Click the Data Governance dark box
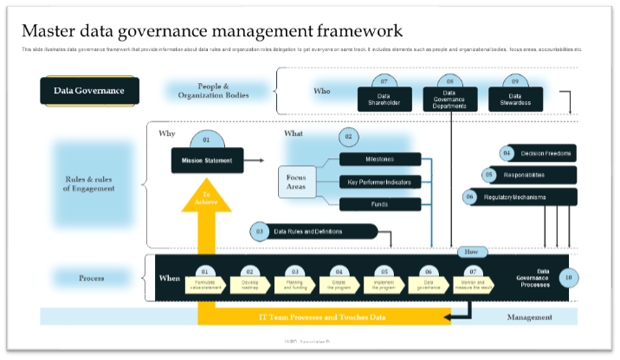89,91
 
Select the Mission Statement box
206,161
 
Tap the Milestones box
380,159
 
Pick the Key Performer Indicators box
380,182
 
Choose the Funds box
380,204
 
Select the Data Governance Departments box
449,99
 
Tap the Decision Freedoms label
546,154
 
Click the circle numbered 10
567,278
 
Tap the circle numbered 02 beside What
348,137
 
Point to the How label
472,252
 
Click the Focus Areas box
296,182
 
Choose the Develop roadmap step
250,283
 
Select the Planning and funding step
294,283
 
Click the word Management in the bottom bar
529,318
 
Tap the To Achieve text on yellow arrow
206,198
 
